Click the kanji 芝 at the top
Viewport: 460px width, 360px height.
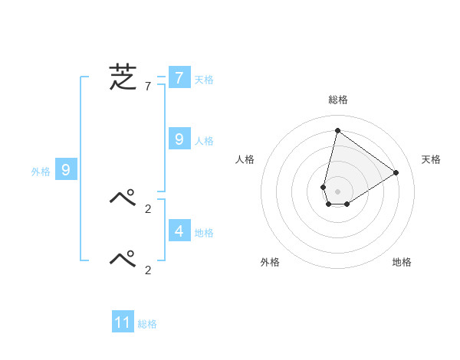123,77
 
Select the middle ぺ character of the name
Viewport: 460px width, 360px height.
123,198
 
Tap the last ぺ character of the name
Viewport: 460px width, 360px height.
123,259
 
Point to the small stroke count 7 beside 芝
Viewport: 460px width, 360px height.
148,87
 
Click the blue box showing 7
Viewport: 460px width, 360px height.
179,77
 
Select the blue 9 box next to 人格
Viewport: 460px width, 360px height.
179,139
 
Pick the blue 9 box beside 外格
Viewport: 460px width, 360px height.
65,170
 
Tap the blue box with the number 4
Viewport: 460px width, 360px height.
179,230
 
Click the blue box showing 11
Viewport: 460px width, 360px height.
123,322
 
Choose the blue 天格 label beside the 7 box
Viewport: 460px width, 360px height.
204,79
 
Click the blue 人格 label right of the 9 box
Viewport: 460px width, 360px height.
204,141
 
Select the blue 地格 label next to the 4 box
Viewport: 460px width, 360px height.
204,233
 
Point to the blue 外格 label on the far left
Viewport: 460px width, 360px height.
41,172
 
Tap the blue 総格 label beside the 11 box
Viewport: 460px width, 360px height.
147,325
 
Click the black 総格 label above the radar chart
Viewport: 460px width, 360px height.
337,100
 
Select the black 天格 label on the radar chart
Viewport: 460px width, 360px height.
431,159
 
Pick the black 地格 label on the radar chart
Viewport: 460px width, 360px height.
402,262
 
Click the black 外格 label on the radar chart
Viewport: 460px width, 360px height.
270,262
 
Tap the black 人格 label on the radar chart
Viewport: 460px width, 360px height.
245,159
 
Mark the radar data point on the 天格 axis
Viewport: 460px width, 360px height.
396,172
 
